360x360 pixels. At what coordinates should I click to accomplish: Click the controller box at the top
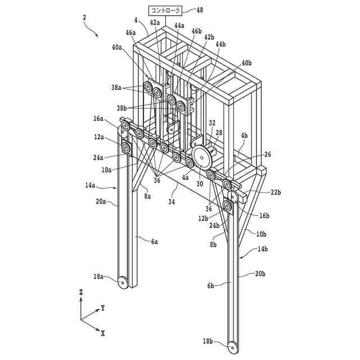[164, 10]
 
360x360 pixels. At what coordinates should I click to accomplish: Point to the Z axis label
[81, 292]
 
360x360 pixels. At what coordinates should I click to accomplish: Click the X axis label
[103, 333]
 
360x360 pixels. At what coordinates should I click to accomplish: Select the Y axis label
[102, 308]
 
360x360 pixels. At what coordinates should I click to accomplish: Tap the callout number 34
[171, 201]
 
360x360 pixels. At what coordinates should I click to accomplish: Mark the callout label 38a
[117, 88]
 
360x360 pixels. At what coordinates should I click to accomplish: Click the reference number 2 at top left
[84, 17]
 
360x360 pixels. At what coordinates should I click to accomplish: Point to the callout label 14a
[91, 184]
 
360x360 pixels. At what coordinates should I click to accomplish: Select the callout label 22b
[275, 192]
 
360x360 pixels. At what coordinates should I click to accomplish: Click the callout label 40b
[247, 63]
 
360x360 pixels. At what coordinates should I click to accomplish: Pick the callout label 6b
[211, 286]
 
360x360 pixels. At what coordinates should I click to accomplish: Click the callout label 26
[267, 154]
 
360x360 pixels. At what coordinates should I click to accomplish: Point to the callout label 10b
[261, 233]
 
